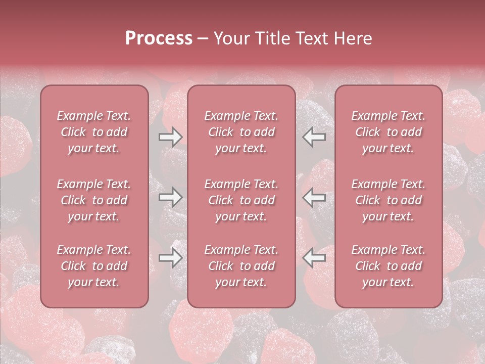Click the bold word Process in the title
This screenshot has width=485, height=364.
click(159, 38)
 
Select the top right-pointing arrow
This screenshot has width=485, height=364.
click(170, 137)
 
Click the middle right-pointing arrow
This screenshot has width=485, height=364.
click(170, 198)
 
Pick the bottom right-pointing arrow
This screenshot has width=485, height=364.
click(170, 258)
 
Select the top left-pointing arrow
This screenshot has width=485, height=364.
click(314, 137)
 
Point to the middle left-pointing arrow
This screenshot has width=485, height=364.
click(314, 198)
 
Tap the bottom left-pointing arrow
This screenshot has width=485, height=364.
click(314, 258)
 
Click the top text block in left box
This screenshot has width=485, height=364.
click(94, 132)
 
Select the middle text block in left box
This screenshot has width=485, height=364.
click(94, 200)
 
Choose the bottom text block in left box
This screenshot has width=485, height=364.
click(94, 266)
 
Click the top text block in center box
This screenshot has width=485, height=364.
click(241, 132)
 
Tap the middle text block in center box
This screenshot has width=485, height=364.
click(241, 200)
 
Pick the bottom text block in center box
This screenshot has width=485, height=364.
click(241, 266)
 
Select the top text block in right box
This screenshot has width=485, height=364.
click(388, 132)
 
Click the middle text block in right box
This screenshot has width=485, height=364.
click(388, 200)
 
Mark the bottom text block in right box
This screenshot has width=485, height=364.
click(388, 266)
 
